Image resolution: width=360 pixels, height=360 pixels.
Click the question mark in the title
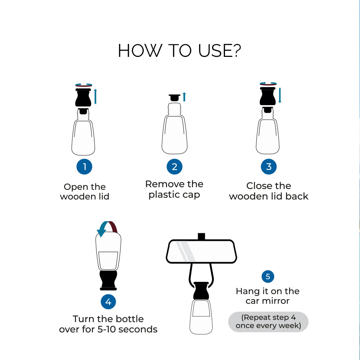click(x=235, y=50)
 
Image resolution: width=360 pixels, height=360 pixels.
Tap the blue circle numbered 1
click(x=84, y=167)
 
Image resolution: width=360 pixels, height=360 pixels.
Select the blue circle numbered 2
click(x=175, y=167)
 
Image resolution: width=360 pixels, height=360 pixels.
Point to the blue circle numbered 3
click(x=269, y=167)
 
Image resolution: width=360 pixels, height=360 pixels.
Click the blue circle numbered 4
click(x=108, y=302)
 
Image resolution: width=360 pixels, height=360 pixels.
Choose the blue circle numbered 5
click(x=268, y=276)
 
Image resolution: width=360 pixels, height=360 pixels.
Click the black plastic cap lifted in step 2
click(x=175, y=98)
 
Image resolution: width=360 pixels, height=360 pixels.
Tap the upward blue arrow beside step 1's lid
click(x=95, y=96)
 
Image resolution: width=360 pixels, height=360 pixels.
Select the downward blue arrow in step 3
click(x=280, y=95)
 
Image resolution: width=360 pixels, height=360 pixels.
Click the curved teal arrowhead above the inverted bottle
click(x=102, y=231)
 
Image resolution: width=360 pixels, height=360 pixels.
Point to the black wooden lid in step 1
click(x=83, y=98)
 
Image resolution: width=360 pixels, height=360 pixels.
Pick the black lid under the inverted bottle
click(x=108, y=280)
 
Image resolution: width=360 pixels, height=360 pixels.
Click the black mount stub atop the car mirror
click(x=201, y=237)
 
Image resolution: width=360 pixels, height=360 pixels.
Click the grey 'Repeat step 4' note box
click(x=268, y=321)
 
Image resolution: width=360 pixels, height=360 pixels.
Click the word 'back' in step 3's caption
click(x=297, y=196)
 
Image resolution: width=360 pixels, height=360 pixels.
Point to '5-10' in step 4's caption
click(x=107, y=329)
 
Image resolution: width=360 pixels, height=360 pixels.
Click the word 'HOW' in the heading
click(x=140, y=51)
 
